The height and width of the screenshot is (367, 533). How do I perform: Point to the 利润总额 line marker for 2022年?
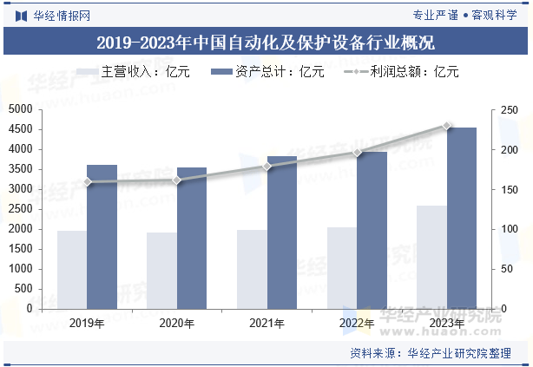[356, 153]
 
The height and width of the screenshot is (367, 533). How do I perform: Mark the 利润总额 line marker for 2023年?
[447, 126]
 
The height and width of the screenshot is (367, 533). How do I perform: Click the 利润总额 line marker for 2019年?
[87, 182]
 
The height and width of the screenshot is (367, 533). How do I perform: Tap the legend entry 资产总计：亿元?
[268, 72]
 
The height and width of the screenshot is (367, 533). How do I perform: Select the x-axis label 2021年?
[266, 324]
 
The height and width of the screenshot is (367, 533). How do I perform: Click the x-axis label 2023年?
[446, 324]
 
